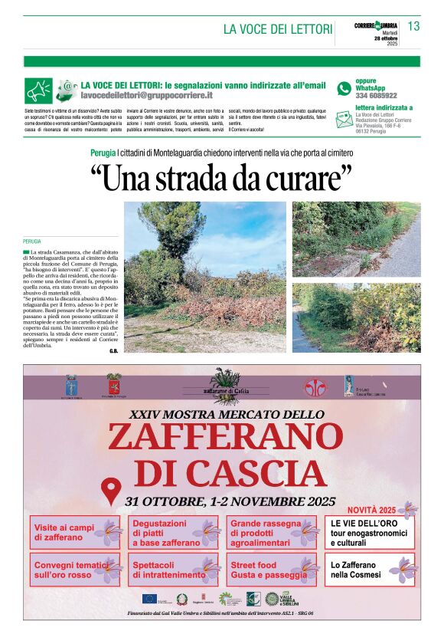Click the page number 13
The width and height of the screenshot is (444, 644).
click(x=413, y=26)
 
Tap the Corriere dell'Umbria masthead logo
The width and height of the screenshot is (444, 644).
click(x=376, y=26)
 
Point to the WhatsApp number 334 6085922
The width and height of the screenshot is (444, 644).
click(x=376, y=96)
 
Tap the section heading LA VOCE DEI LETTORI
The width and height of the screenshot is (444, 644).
click(x=278, y=29)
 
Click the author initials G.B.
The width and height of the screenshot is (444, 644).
click(x=113, y=350)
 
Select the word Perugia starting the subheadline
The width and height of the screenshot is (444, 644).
click(x=103, y=153)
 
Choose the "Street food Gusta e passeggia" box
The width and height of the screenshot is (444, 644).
click(x=272, y=570)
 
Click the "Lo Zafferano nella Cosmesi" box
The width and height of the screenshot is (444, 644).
click(x=370, y=570)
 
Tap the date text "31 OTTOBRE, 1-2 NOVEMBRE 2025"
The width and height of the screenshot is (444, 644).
click(x=231, y=501)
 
